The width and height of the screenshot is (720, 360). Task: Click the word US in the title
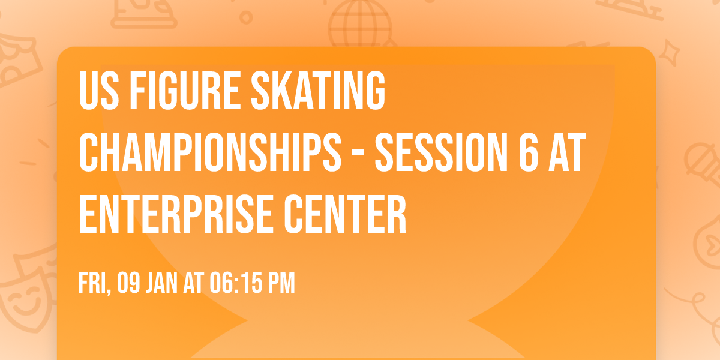pyautogui.click(x=96, y=91)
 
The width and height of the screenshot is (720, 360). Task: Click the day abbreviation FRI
pyautogui.click(x=92, y=284)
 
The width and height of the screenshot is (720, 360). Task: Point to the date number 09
pyautogui.click(x=129, y=283)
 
